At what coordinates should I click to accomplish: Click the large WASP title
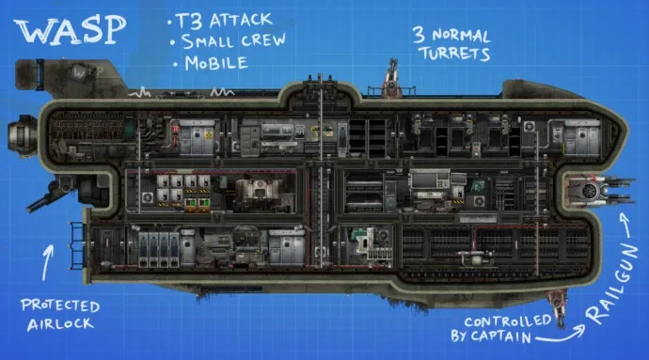click(x=70, y=30)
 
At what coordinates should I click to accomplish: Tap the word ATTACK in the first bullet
click(x=241, y=21)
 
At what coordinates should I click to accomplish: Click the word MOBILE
click(x=216, y=63)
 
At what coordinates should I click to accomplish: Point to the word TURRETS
click(x=454, y=54)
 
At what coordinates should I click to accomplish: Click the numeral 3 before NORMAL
click(x=419, y=35)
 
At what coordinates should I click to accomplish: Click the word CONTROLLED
click(x=508, y=321)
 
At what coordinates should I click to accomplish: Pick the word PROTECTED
click(x=60, y=305)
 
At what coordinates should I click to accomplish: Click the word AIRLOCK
click(x=60, y=324)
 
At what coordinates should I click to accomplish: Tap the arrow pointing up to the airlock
click(x=48, y=262)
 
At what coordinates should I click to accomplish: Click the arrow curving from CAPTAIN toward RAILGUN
click(x=561, y=335)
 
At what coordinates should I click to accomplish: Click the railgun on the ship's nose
click(x=598, y=191)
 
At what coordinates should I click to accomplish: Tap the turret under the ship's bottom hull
click(x=558, y=307)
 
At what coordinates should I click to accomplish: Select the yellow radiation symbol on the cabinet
click(x=208, y=134)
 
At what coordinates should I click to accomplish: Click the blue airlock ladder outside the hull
click(x=77, y=245)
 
